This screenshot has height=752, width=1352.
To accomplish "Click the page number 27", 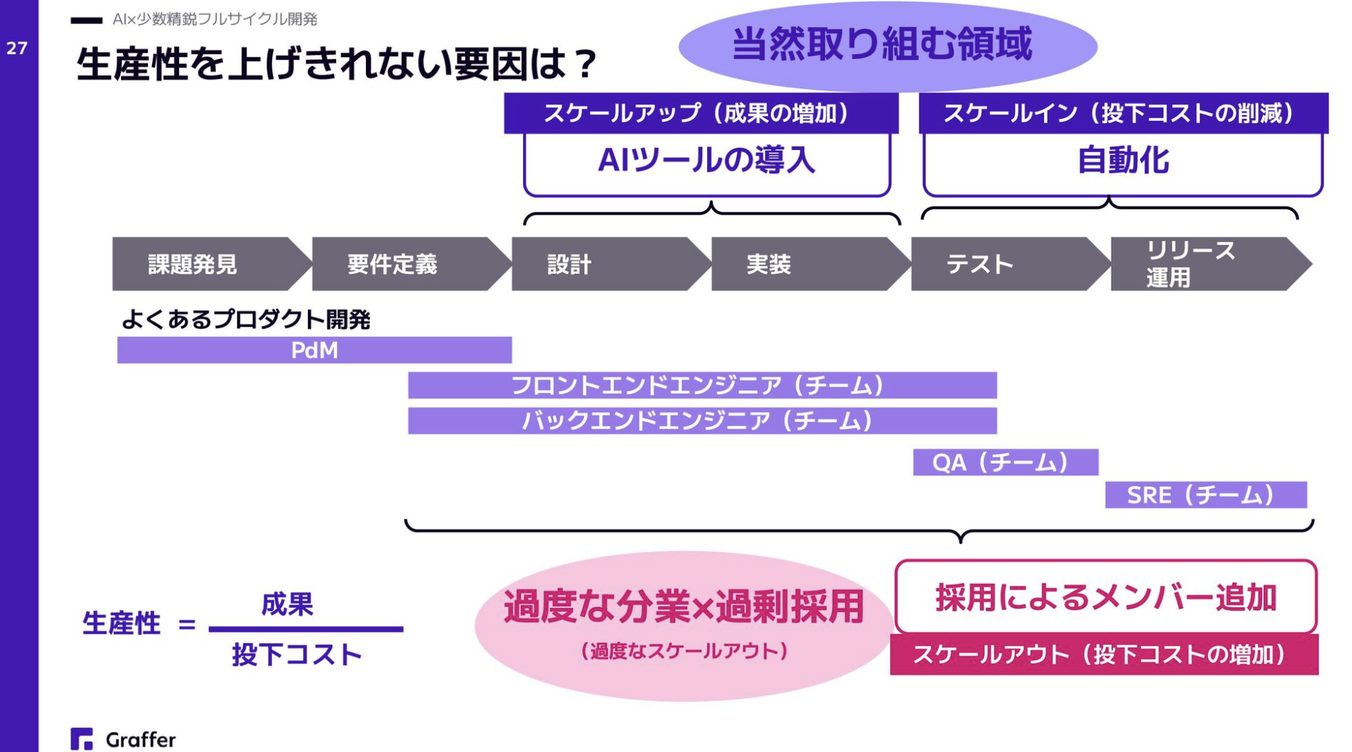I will tap(17, 49).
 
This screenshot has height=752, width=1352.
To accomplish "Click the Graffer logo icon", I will tap(82, 739).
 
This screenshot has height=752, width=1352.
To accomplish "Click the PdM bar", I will tap(314, 350).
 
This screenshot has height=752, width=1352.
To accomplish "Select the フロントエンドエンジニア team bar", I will tap(701, 385).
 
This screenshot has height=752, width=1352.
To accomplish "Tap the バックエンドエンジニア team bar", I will tap(701, 421).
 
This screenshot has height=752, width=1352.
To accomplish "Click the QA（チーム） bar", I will tap(1005, 462).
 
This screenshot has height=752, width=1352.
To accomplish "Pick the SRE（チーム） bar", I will tap(1205, 495).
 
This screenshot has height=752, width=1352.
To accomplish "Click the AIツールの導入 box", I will tap(706, 162).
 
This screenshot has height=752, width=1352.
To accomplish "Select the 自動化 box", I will tap(1122, 162).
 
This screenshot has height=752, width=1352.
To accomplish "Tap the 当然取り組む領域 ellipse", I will tap(887, 45).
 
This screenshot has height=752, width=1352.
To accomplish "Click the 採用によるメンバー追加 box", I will tap(1105, 598).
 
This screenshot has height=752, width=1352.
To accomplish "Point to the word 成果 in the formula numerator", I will tap(288, 603).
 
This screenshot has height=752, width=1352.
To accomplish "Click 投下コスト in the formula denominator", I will tap(297, 655).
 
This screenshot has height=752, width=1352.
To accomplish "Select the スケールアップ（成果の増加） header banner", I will tap(701, 113).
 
